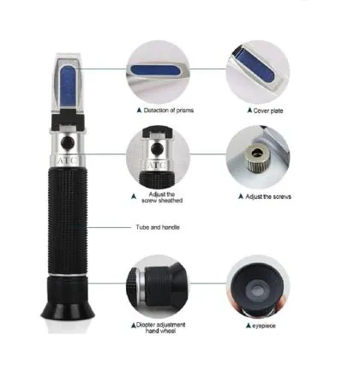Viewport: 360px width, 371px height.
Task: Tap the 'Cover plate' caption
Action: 265,111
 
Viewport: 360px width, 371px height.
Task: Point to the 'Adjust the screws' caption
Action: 266,196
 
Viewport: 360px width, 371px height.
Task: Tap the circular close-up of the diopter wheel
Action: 160,287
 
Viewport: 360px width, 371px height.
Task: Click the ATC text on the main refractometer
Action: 68,160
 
